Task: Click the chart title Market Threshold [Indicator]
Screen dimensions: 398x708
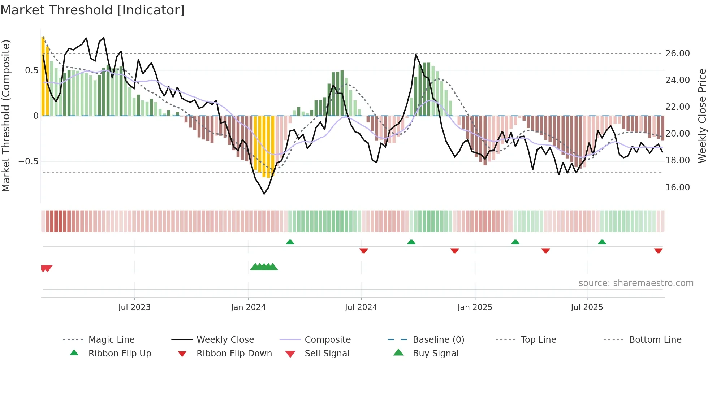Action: click(92, 10)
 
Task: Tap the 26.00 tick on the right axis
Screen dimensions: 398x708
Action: click(677, 53)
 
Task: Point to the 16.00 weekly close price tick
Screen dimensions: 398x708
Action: click(677, 187)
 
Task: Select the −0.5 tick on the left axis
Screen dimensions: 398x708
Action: click(28, 161)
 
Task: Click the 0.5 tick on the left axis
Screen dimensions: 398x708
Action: click(31, 70)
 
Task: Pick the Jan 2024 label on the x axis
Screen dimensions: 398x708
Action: click(248, 307)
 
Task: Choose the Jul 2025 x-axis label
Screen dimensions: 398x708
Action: click(587, 307)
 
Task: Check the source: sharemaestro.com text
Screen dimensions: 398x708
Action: click(636, 283)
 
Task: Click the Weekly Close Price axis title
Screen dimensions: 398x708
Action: click(702, 116)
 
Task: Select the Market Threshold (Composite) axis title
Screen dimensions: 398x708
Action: click(6, 116)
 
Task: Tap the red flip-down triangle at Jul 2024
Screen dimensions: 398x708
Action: click(364, 251)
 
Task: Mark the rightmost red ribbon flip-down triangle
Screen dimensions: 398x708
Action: click(658, 251)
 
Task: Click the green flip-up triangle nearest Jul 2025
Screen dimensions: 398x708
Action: click(602, 242)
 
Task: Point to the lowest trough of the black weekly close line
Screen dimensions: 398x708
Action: click(264, 194)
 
